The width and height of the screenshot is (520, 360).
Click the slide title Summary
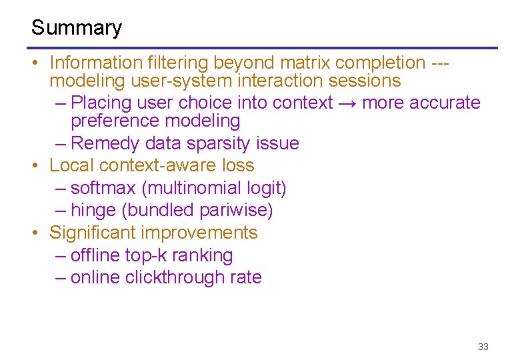tap(77, 28)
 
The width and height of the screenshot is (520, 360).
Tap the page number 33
tap(483, 347)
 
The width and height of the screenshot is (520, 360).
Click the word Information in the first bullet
tap(93, 63)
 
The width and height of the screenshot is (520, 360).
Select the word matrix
tap(305, 63)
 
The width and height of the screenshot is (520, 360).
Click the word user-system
tap(177, 81)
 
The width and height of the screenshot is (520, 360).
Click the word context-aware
tap(149, 165)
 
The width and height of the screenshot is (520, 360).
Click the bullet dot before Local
tap(35, 165)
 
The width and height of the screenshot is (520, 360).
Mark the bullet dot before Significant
tap(35, 233)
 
